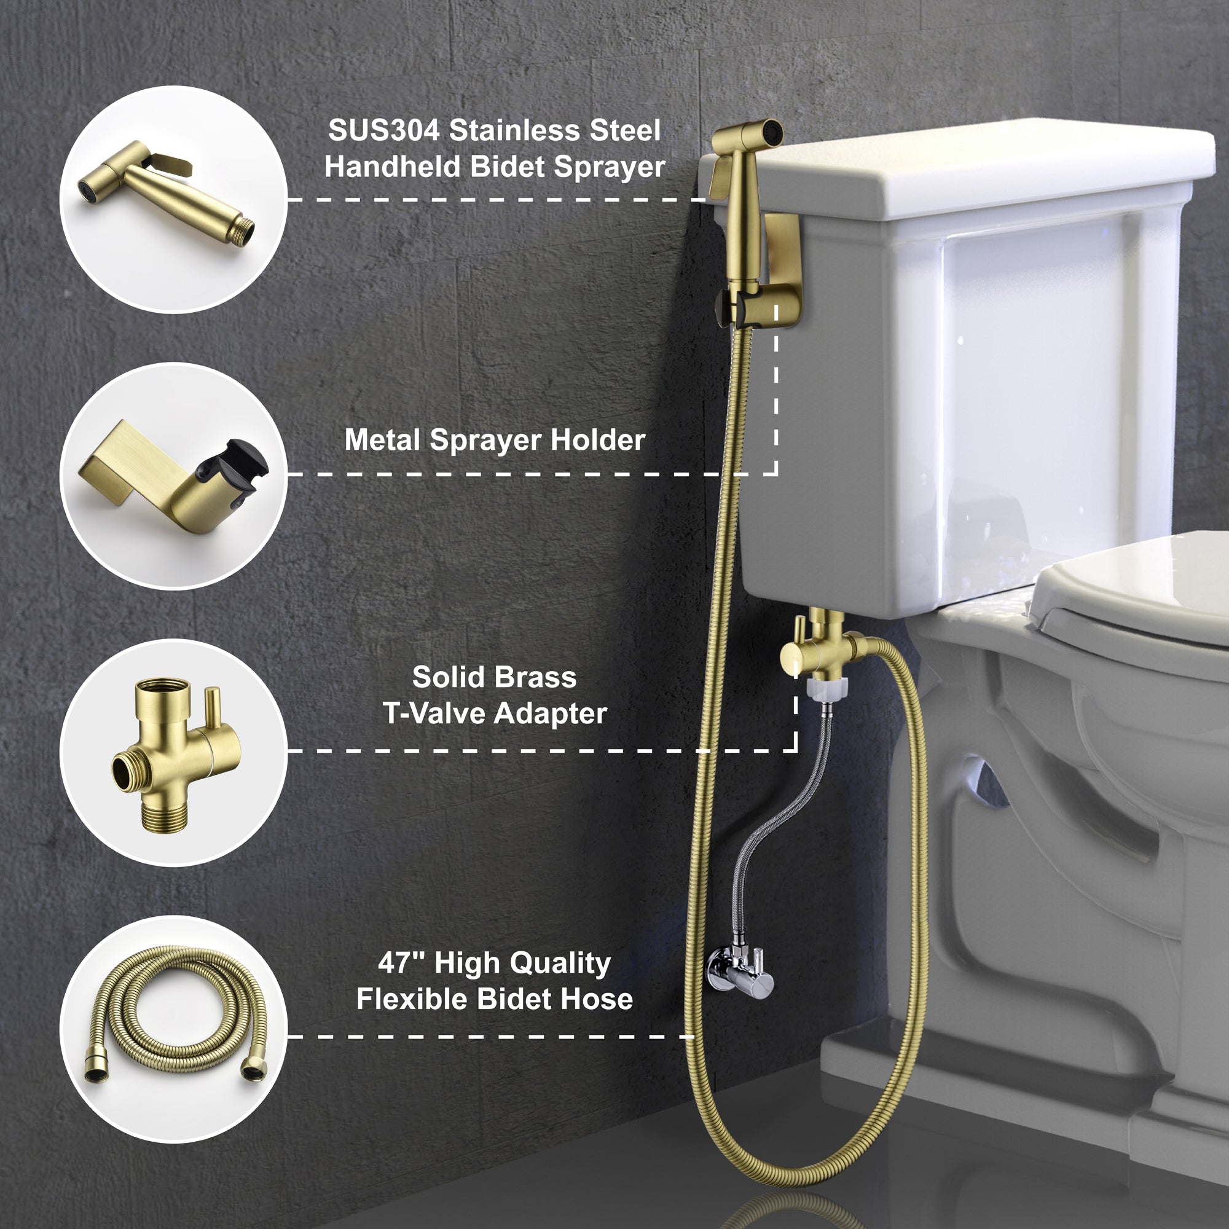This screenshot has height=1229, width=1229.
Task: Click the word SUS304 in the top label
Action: coord(383,131)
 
